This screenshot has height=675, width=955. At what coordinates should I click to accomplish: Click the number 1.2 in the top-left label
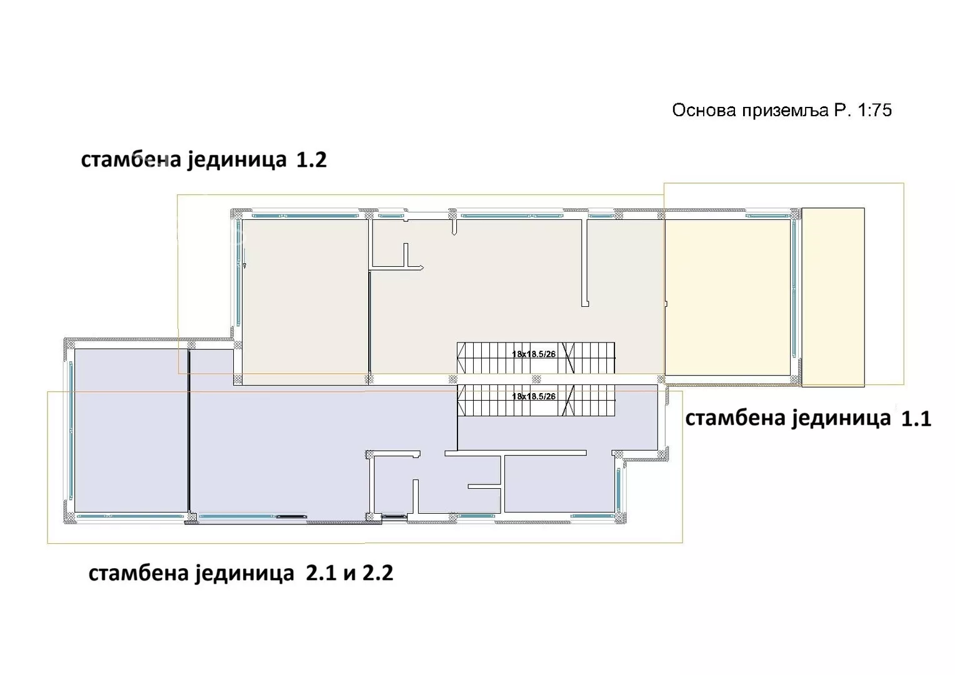click(x=311, y=159)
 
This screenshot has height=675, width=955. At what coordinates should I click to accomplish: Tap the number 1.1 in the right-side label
click(x=916, y=419)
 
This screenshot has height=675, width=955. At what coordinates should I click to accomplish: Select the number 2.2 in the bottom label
click(x=377, y=573)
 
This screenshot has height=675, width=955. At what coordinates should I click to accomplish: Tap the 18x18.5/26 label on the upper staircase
click(x=534, y=354)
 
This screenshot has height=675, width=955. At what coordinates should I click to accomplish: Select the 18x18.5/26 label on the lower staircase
click(x=534, y=396)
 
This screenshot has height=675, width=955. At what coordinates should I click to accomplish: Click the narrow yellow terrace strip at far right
click(x=833, y=297)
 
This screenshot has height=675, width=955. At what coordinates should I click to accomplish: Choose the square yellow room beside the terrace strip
click(x=727, y=297)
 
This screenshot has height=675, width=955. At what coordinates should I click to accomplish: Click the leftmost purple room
click(x=131, y=431)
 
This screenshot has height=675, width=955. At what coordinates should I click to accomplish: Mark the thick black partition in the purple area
click(x=189, y=431)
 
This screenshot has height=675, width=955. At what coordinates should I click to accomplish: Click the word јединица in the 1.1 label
click(x=842, y=419)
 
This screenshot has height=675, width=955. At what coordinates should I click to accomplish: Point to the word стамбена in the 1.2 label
click(x=131, y=160)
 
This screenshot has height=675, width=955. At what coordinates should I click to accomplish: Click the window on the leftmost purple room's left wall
click(x=71, y=431)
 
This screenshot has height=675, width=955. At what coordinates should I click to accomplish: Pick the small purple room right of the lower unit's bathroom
click(x=559, y=484)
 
